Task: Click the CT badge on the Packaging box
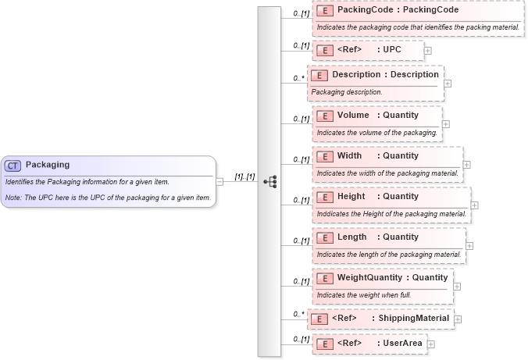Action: (x=13, y=166)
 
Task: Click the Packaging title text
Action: (x=48, y=165)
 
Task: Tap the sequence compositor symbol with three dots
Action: (x=270, y=181)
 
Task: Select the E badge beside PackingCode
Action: (x=325, y=12)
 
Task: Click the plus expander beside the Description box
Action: (x=448, y=83)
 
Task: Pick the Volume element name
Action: (x=353, y=116)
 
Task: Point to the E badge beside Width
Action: (x=325, y=156)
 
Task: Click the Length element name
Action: (x=351, y=237)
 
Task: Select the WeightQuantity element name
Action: (x=370, y=277)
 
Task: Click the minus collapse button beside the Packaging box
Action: (x=219, y=181)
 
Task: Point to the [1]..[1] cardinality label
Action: (x=245, y=177)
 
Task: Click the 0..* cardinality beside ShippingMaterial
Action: (x=298, y=315)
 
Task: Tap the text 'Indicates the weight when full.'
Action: (x=353, y=294)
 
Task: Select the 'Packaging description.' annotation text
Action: (x=347, y=92)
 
